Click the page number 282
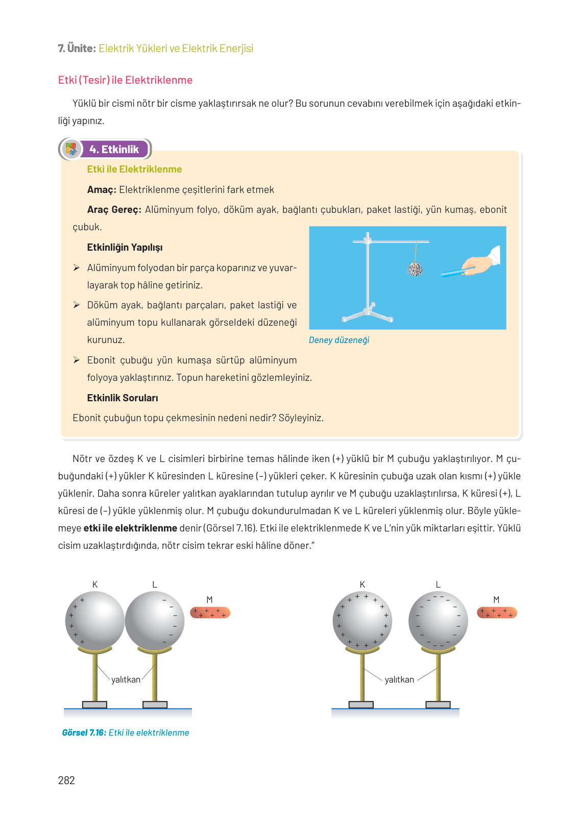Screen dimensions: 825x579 66,780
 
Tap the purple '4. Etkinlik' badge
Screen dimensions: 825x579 114,150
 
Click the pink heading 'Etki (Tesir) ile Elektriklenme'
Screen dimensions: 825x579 125,80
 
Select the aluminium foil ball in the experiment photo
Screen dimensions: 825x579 415,269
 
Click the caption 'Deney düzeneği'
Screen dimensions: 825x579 339,341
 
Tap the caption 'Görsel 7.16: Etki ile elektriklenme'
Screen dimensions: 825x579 126,733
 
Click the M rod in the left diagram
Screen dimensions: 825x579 210,612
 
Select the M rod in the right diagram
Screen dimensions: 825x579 497,612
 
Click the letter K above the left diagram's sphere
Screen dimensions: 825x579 95,585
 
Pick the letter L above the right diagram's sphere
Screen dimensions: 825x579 438,585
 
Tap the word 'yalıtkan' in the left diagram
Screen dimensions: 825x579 126,680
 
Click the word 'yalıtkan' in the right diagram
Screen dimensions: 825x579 399,680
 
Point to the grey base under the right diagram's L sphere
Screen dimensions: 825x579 438,705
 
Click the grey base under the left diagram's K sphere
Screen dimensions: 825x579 94,705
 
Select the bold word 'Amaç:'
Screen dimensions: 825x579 102,190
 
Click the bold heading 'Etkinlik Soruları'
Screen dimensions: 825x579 123,398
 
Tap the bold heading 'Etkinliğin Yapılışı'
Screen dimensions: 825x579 125,248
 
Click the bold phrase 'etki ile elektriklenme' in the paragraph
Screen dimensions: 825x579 130,528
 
